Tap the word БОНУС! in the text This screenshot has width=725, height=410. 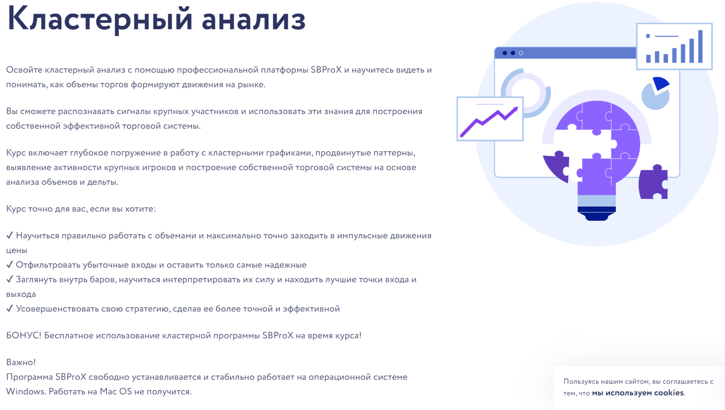coord(23,335)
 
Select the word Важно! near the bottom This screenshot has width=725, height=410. coord(21,362)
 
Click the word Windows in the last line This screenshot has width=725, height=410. coord(25,391)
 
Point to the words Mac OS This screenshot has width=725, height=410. coord(116,391)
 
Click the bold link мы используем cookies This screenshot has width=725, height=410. coord(638,393)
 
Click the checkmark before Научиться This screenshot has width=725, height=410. coord(10,235)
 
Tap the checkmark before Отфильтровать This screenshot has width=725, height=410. coord(10,265)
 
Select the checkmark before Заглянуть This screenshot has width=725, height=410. coord(10,279)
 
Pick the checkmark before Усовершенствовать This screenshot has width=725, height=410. coord(10,309)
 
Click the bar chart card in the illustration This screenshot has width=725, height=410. coord(674,47)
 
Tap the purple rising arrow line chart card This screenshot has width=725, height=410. coord(490,119)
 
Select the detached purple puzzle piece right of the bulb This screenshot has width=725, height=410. coord(653,182)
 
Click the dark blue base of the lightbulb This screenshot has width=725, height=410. coord(597,214)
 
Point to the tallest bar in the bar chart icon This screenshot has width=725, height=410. coord(700,47)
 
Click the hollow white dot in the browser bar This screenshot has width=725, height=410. coord(521,53)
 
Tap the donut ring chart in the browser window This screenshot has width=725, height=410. coord(526,92)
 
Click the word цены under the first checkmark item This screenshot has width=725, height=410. coord(17,251)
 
